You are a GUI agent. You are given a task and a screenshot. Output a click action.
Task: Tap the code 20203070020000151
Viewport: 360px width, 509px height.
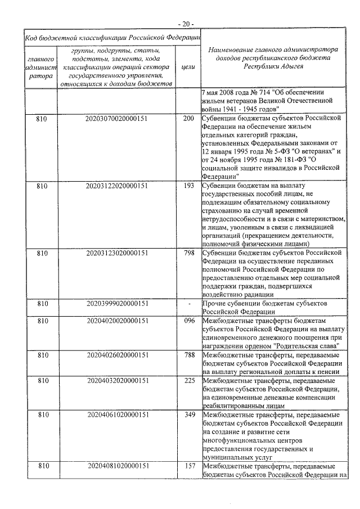click(117, 119)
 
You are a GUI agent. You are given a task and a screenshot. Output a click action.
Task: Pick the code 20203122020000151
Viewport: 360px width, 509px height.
click(117, 185)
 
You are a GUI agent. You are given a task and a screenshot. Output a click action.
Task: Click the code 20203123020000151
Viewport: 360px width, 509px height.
click(117, 254)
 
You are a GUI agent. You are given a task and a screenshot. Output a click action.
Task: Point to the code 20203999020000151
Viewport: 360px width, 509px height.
click(117, 304)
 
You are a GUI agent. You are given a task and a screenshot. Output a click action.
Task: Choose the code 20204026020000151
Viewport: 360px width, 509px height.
click(117, 354)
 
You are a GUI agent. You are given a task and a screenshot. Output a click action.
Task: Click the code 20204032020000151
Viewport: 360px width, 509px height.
click(117, 381)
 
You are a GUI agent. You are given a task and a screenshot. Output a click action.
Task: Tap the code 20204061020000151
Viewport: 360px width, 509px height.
click(117, 415)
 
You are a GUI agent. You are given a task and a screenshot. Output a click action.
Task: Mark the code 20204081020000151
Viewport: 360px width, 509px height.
click(117, 466)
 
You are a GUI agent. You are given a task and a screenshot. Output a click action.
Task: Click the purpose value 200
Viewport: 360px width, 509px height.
click(189, 119)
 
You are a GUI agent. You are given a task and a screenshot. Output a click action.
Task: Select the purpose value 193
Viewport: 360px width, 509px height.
click(189, 185)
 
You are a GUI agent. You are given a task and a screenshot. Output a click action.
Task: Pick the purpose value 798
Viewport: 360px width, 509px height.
click(189, 254)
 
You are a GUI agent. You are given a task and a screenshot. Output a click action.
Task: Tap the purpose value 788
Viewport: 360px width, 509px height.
click(189, 354)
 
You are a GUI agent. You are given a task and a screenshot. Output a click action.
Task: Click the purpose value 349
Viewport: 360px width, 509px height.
click(189, 415)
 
